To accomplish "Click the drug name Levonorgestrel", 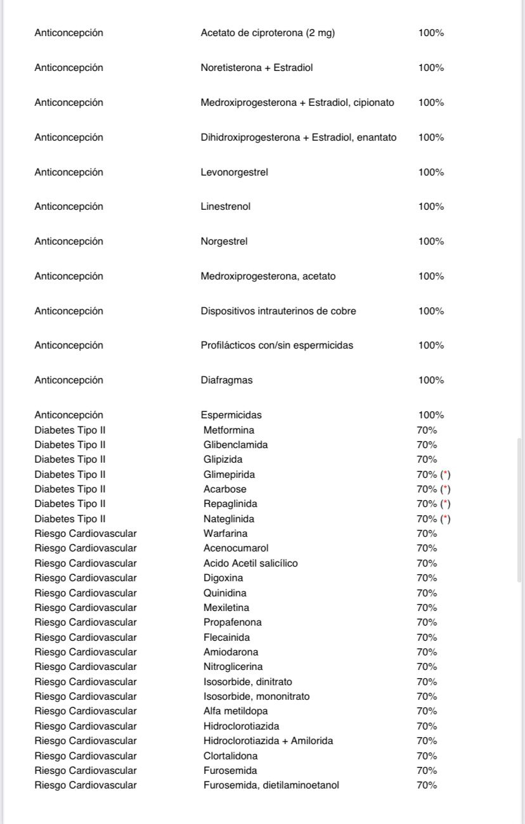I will pyautogui.click(x=234, y=172).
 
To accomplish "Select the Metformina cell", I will pyautogui.click(x=228, y=430).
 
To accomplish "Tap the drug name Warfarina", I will pyautogui.click(x=225, y=534).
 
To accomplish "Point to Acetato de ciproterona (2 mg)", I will pyautogui.click(x=268, y=33).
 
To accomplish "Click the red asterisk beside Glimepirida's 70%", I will pyautogui.click(x=446, y=474).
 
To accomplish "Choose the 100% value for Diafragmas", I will pyautogui.click(x=431, y=380).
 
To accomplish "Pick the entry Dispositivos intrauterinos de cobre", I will pyautogui.click(x=278, y=311).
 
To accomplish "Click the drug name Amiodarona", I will pyautogui.click(x=231, y=652).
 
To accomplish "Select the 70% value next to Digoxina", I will pyautogui.click(x=427, y=578).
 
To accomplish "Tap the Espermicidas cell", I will pyautogui.click(x=231, y=415).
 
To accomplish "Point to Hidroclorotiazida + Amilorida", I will pyautogui.click(x=268, y=741).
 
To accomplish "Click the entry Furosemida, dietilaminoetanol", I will pyautogui.click(x=271, y=785).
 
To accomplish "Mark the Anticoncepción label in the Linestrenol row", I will pyautogui.click(x=68, y=207).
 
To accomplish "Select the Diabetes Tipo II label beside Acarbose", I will pyautogui.click(x=70, y=489).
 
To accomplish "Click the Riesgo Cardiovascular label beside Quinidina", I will pyautogui.click(x=86, y=593).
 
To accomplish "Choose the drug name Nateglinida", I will pyautogui.click(x=228, y=519).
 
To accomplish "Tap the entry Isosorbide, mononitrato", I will pyautogui.click(x=256, y=697).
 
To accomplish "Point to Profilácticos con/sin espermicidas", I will pyautogui.click(x=276, y=345).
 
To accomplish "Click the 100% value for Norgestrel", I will pyautogui.click(x=431, y=241).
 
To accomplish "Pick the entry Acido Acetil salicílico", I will pyautogui.click(x=250, y=563).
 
